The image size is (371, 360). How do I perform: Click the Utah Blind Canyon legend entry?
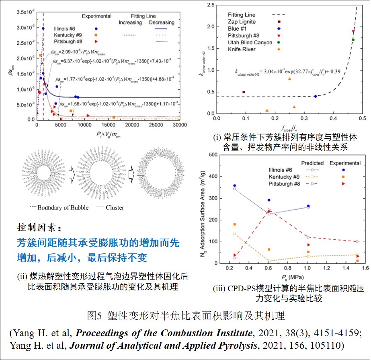click(x=252, y=42)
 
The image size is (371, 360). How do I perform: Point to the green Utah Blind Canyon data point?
click(x=353, y=40)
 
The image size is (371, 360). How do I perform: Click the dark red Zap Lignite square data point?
click(x=244, y=92)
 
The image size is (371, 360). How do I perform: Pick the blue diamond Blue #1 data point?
click(x=316, y=97)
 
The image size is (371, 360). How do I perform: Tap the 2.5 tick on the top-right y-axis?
click(x=209, y=5)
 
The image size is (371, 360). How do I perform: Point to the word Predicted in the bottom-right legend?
click(x=312, y=163)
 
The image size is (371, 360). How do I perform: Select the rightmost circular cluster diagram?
click(x=158, y=175)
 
